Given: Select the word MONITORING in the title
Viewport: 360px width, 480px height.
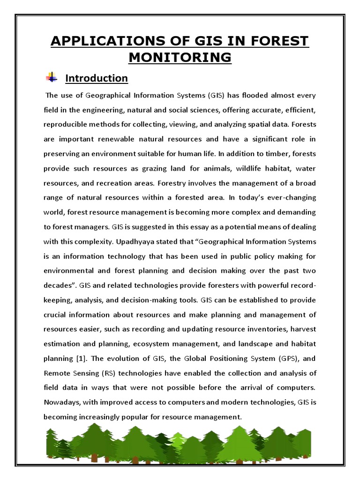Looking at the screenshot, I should click(x=180, y=57).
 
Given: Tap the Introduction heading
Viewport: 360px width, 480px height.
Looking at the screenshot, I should click(x=96, y=78).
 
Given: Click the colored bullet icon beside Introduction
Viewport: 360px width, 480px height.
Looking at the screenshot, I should click(x=51, y=77).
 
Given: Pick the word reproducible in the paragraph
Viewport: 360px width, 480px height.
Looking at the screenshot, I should click(x=65, y=125).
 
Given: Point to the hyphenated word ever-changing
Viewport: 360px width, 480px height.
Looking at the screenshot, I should click(x=292, y=198).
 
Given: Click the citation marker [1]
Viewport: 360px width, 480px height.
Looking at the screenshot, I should click(x=80, y=359).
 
